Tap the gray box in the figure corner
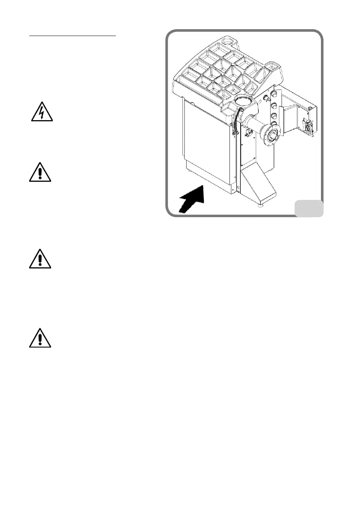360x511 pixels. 309,208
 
